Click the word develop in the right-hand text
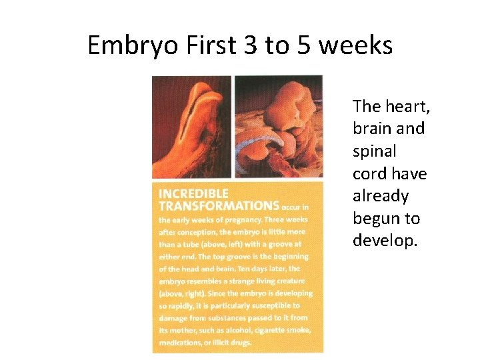383,241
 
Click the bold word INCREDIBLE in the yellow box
193,194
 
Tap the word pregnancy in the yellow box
231,219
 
